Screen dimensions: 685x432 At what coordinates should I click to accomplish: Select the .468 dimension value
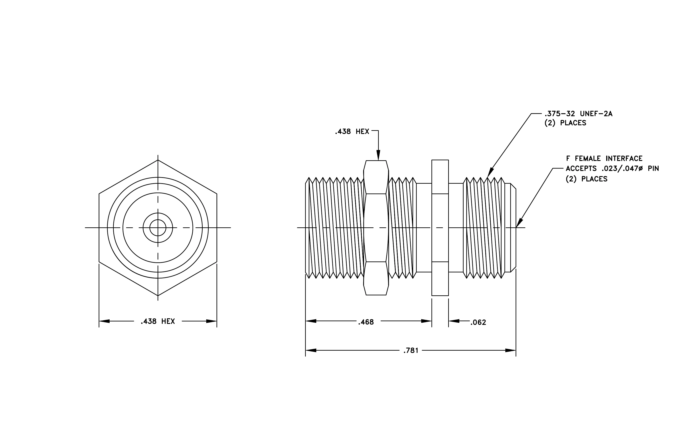(x=366, y=322)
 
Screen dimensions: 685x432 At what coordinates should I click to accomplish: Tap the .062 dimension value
(x=478, y=323)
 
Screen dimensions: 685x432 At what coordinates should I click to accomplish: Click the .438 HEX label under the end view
(x=158, y=321)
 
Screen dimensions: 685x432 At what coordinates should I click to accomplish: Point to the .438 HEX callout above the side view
(x=352, y=132)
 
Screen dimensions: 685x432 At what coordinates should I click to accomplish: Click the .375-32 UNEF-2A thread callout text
(x=578, y=114)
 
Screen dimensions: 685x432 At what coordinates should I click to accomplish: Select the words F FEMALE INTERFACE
(x=604, y=158)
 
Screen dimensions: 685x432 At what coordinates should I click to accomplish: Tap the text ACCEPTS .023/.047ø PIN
(x=612, y=169)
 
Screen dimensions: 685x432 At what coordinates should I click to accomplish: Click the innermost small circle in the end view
(x=158, y=228)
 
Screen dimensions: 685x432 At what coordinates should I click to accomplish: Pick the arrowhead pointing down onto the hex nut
(x=378, y=155)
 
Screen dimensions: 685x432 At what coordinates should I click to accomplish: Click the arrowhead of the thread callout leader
(x=490, y=173)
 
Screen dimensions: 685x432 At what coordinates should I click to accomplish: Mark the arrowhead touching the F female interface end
(x=519, y=223)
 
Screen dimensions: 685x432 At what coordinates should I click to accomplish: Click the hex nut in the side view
(x=376, y=228)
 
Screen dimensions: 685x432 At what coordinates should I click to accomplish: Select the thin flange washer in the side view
(x=440, y=228)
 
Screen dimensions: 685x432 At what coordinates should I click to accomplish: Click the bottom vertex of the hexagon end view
(x=158, y=296)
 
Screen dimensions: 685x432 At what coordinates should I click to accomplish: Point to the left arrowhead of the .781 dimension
(x=311, y=350)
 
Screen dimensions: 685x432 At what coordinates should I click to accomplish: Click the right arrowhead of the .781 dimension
(x=511, y=350)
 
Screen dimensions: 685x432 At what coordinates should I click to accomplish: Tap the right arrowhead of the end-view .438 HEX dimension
(x=211, y=321)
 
